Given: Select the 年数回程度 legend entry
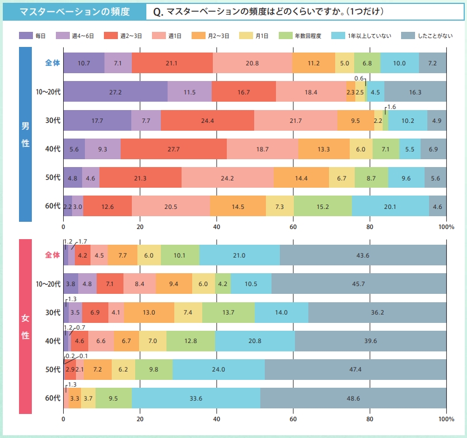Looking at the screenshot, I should tap(306, 36).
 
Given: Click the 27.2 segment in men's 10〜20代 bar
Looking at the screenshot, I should tap(115, 91).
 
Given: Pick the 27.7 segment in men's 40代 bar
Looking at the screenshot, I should tap(174, 149).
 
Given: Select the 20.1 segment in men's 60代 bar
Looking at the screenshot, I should tap(390, 207).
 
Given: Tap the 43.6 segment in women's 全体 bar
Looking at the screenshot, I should tap(363, 255).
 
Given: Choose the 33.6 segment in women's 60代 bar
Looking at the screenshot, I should tap(196, 398).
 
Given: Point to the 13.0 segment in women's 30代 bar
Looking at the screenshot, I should tap(149, 312).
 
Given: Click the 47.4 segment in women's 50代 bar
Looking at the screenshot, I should tap(355, 370).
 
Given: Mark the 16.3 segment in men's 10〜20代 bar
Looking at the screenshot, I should tap(415, 91).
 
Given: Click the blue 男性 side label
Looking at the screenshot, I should tap(25, 134).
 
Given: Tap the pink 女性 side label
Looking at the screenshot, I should tap(25, 327).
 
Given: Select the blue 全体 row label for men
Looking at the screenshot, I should tap(53, 63).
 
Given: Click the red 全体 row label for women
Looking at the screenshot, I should tap(53, 255).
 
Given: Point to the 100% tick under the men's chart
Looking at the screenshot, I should tap(446, 227).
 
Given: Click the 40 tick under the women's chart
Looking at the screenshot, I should tap(217, 420).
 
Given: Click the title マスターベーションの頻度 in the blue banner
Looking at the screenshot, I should tap(74, 11).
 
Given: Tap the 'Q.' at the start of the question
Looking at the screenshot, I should tap(158, 12).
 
